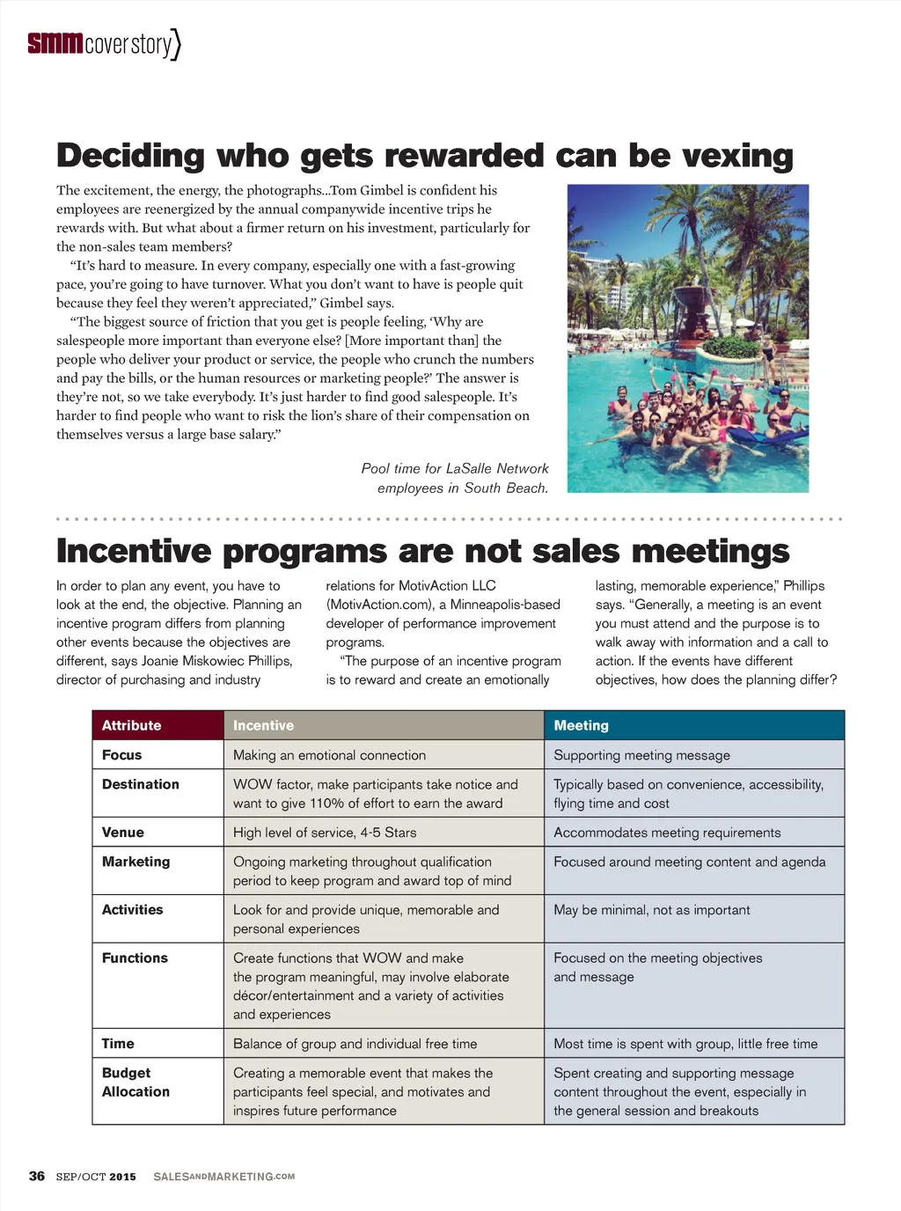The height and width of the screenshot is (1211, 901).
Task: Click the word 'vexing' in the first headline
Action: pyautogui.click(x=737, y=156)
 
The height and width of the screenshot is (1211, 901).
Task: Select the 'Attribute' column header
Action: pyautogui.click(x=131, y=725)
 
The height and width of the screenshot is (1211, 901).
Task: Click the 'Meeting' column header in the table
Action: pyautogui.click(x=581, y=725)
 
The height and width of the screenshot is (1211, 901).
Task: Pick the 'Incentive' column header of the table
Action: pyautogui.click(x=263, y=725)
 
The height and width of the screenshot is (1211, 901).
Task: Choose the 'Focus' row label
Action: pyautogui.click(x=121, y=755)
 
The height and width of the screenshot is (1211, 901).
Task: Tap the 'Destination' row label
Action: pyautogui.click(x=140, y=784)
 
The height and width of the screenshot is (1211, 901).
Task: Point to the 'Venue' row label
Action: pyautogui.click(x=122, y=833)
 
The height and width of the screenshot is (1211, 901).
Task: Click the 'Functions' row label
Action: pyautogui.click(x=135, y=958)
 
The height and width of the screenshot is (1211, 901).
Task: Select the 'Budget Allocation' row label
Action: pyautogui.click(x=135, y=1083)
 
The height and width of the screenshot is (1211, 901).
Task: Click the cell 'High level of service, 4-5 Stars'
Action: pyautogui.click(x=325, y=833)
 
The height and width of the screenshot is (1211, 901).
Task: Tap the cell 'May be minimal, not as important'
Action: pyautogui.click(x=651, y=910)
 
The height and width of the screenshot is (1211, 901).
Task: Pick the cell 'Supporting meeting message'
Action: pyautogui.click(x=641, y=755)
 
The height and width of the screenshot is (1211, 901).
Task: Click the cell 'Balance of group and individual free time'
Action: pyautogui.click(x=355, y=1044)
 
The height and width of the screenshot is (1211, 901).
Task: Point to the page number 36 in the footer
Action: pyautogui.click(x=37, y=1176)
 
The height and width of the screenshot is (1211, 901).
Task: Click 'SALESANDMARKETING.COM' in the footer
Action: pyautogui.click(x=223, y=1177)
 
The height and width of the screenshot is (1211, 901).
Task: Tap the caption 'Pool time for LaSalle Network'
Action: pyautogui.click(x=454, y=468)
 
